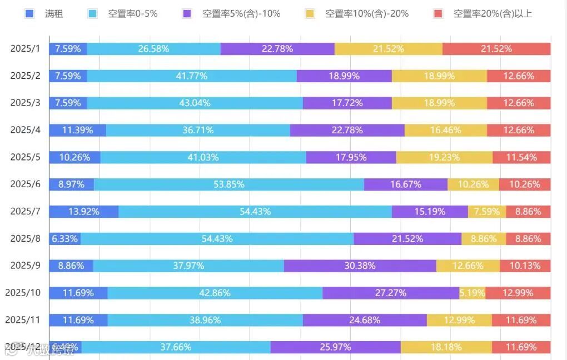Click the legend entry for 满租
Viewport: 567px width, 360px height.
pyautogui.click(x=47, y=13)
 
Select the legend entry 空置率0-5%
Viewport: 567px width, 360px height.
pyautogui.click(x=125, y=13)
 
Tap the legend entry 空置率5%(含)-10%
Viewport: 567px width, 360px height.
pyautogui.click(x=233, y=13)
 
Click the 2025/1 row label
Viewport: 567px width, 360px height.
pyautogui.click(x=26, y=49)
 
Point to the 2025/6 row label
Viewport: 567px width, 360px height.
pyautogui.click(x=26, y=184)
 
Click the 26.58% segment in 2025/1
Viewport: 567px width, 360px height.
pyautogui.click(x=153, y=49)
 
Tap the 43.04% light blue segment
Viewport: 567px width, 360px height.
pyautogui.click(x=195, y=103)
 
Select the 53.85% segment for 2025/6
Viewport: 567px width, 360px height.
pyautogui.click(x=228, y=184)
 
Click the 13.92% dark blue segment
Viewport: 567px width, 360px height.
pyautogui.click(x=84, y=211)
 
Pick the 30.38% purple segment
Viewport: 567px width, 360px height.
pyautogui.click(x=360, y=266)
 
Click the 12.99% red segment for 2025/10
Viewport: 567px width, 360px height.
pyautogui.click(x=518, y=293)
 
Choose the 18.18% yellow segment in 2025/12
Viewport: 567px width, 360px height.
pyautogui.click(x=446, y=347)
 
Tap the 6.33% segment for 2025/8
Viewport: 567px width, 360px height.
pyautogui.click(x=65, y=238)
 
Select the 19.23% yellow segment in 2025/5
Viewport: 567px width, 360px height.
pyautogui.click(x=444, y=157)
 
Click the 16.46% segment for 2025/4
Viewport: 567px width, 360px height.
pyautogui.click(x=445, y=130)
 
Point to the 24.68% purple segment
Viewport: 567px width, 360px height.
pyautogui.click(x=365, y=320)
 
